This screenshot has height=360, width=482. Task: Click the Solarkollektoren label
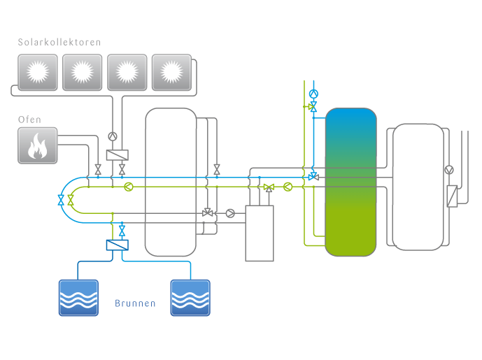[59, 42]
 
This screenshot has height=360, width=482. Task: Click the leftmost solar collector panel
[37, 72]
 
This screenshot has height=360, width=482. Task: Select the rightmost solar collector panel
[171, 72]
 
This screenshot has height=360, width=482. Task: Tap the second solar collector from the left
[82, 72]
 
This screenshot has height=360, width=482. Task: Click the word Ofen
[30, 120]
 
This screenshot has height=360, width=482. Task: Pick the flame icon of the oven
[37, 145]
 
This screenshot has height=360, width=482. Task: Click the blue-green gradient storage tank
[351, 180]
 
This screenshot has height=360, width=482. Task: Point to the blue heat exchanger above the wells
[117, 245]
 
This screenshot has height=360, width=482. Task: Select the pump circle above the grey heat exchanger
[113, 137]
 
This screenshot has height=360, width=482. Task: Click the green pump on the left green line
[128, 187]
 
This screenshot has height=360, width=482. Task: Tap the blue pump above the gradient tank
[313, 93]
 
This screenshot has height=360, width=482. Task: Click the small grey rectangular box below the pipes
[259, 233]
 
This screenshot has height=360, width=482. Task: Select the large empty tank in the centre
[171, 182]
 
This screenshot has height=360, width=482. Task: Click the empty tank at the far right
[418, 186]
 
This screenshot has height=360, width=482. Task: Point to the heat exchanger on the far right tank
[451, 195]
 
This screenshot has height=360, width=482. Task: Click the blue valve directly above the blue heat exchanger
[122, 230]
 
